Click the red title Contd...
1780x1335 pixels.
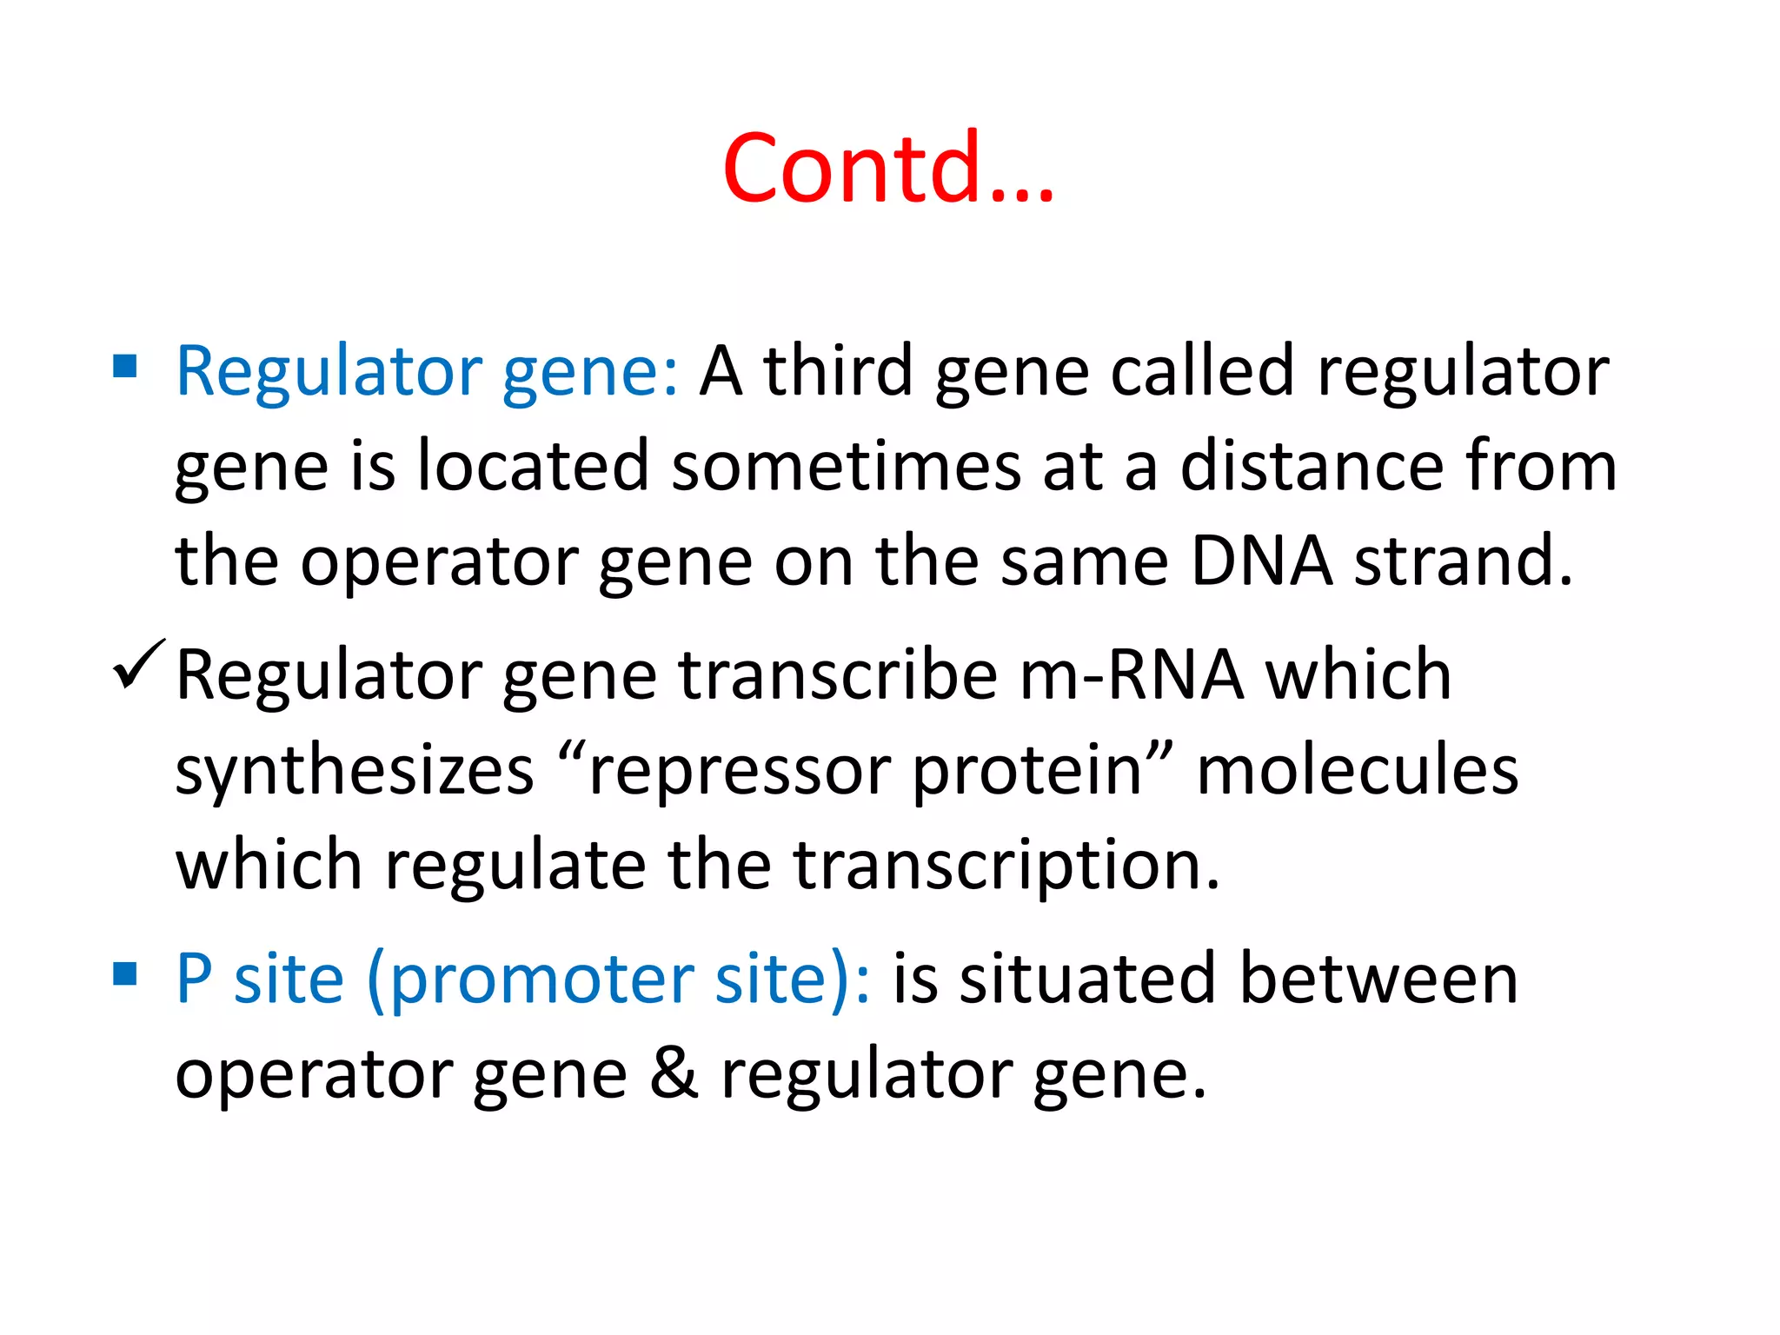[887, 168]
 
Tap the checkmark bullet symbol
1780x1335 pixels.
[137, 666]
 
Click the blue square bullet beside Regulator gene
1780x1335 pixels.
[125, 367]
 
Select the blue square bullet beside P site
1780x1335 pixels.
[125, 974]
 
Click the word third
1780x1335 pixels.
[838, 371]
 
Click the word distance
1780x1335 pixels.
[1312, 466]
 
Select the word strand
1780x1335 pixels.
[1463, 561]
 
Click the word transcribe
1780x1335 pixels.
[838, 675]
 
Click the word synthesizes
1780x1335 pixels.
[355, 771]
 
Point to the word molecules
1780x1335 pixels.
[1358, 771]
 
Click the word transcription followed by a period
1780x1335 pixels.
[1006, 867]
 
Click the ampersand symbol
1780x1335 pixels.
[674, 1073]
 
